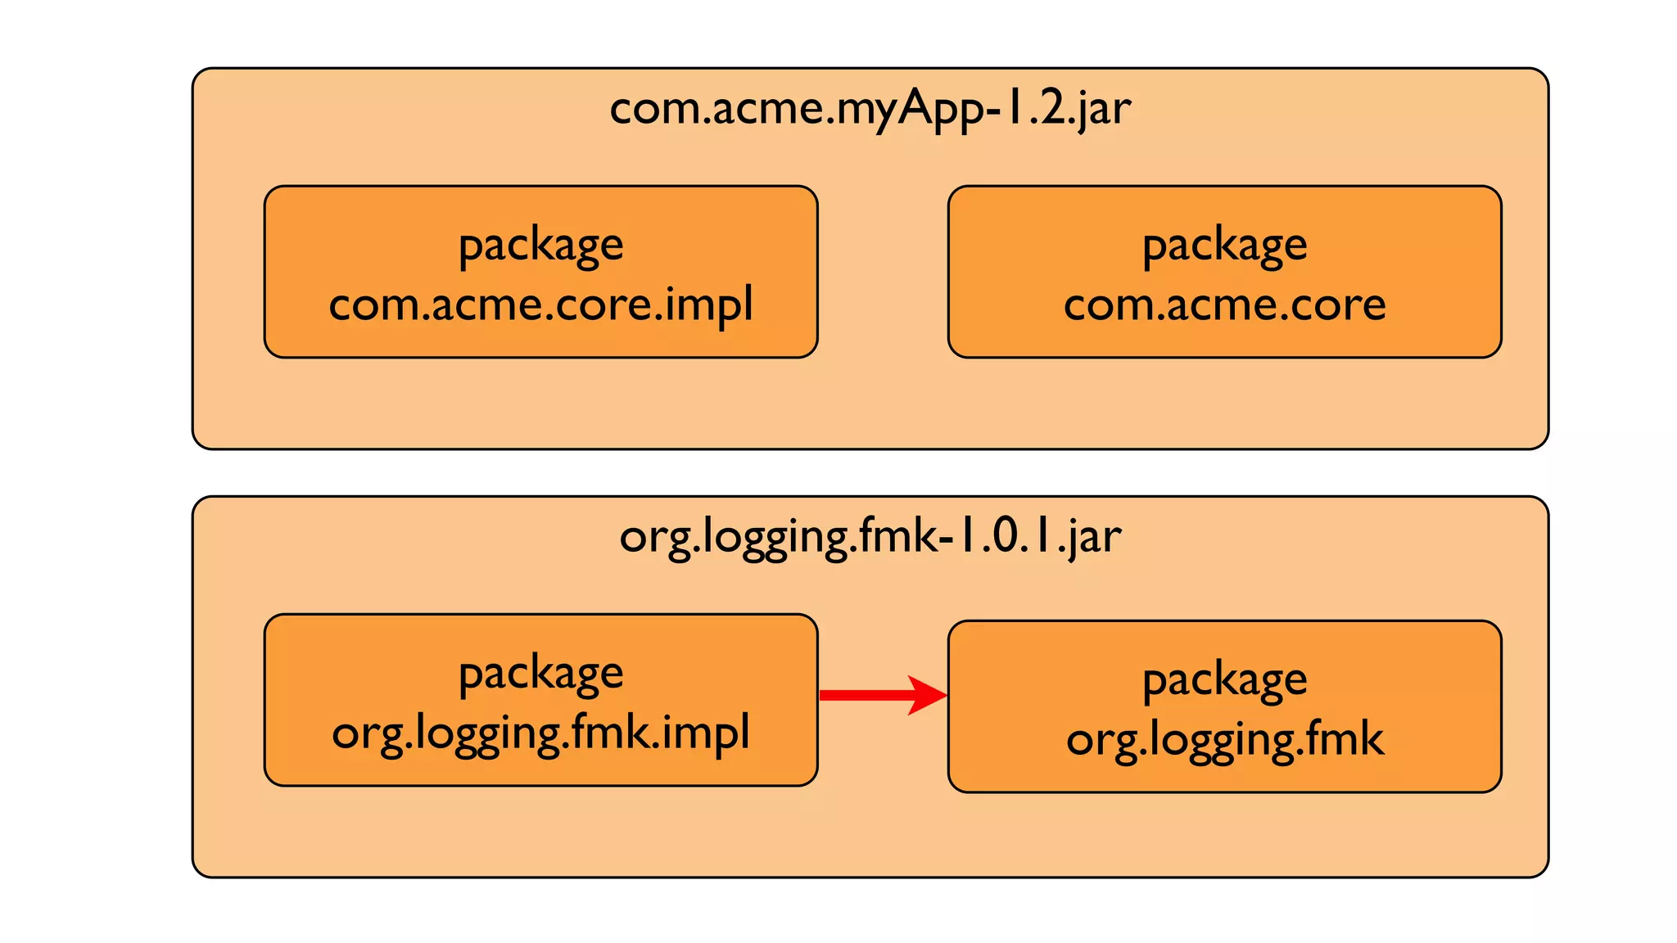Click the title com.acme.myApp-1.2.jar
tap(870, 108)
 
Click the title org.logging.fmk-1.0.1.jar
tap(870, 537)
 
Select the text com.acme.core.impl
tap(540, 305)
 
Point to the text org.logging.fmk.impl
tap(540, 733)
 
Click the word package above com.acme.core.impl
tap(540, 245)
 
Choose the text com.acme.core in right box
tap(1224, 305)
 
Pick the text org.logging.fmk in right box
tap(1224, 739)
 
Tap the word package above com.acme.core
tap(1224, 245)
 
